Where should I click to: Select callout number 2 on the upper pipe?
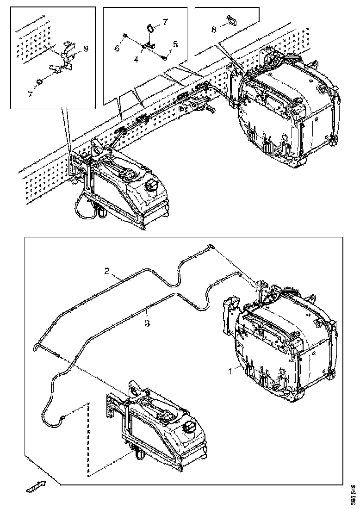click(x=106, y=271)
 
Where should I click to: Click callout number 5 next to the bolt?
click(x=175, y=44)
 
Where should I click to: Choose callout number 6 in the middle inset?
click(x=117, y=48)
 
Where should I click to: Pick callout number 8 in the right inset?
click(x=213, y=29)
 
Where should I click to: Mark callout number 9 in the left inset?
click(x=86, y=47)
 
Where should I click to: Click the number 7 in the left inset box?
click(x=30, y=94)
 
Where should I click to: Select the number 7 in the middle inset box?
click(x=166, y=22)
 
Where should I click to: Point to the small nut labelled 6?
click(x=126, y=35)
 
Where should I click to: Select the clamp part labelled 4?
click(x=148, y=45)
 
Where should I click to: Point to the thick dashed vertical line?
click(x=87, y=440)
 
